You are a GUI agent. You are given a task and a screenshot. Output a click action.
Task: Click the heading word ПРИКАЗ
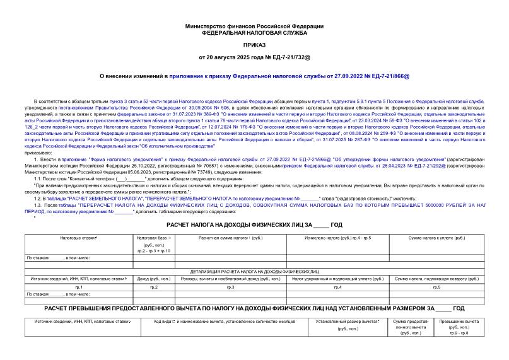coord(254,45)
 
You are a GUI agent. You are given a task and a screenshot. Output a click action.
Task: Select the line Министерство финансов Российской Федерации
coord(254,26)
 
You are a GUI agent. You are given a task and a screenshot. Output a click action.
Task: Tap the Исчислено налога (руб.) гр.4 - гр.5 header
coord(337,238)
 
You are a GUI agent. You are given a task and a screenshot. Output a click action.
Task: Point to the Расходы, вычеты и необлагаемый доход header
coord(230,278)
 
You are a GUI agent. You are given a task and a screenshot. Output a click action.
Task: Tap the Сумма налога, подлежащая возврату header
coord(436,278)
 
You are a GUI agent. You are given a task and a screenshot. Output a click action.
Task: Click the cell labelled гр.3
coord(230,287)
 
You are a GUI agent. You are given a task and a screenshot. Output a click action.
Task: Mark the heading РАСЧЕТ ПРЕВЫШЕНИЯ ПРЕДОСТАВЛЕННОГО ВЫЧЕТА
coord(254,308)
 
